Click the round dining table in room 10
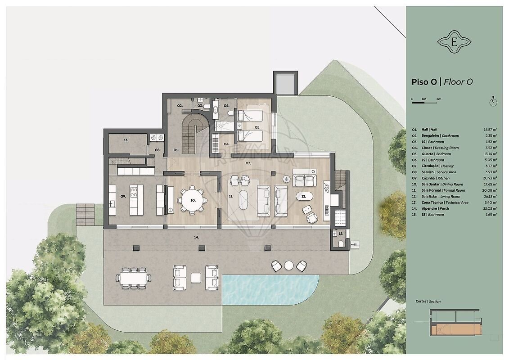point(193,200)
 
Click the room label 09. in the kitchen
point(123,196)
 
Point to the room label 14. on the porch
point(196,238)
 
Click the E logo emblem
point(454,42)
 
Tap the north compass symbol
point(493,101)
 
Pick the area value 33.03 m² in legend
point(490,208)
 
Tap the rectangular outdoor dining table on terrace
point(134,278)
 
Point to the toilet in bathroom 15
point(341,244)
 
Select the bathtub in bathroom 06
point(216,110)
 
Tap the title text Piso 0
point(424,82)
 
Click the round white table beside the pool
point(288,265)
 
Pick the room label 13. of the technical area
point(126,140)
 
